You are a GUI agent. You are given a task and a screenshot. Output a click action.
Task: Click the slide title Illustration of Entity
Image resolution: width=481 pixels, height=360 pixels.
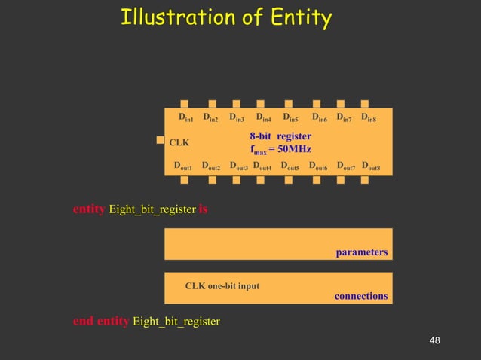226,17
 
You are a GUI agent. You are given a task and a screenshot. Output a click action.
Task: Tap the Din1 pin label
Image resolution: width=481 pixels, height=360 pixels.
186,117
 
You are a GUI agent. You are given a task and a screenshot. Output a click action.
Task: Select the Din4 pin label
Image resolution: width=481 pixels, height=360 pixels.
264,117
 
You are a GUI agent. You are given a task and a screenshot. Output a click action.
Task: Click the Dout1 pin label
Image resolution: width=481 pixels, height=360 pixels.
183,166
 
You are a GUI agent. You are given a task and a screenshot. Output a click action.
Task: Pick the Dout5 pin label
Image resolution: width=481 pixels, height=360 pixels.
290,166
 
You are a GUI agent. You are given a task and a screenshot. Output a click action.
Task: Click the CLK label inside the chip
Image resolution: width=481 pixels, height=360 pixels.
179,142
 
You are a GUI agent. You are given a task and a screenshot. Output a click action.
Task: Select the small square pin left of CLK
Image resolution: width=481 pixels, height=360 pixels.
160,139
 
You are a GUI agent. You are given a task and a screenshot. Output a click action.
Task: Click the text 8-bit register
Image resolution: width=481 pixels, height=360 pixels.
280,136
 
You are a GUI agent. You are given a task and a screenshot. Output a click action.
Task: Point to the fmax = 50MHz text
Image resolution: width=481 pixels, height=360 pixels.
280,149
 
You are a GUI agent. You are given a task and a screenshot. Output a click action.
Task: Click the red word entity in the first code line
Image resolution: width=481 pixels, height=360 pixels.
89,209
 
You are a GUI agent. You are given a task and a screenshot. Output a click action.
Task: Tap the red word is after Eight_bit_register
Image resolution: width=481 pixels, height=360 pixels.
203,209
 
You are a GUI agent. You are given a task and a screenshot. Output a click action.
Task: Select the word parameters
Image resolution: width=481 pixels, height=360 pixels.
362,252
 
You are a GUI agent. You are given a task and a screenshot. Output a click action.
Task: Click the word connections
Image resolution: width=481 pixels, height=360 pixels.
361,296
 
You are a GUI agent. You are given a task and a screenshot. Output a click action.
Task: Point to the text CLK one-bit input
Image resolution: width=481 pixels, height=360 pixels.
222,286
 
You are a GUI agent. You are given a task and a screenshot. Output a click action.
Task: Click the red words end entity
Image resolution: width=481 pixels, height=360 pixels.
101,322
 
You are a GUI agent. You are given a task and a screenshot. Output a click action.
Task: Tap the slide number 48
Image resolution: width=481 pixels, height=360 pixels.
434,342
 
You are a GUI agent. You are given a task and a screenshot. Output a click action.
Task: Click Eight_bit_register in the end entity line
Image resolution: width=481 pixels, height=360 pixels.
176,322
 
